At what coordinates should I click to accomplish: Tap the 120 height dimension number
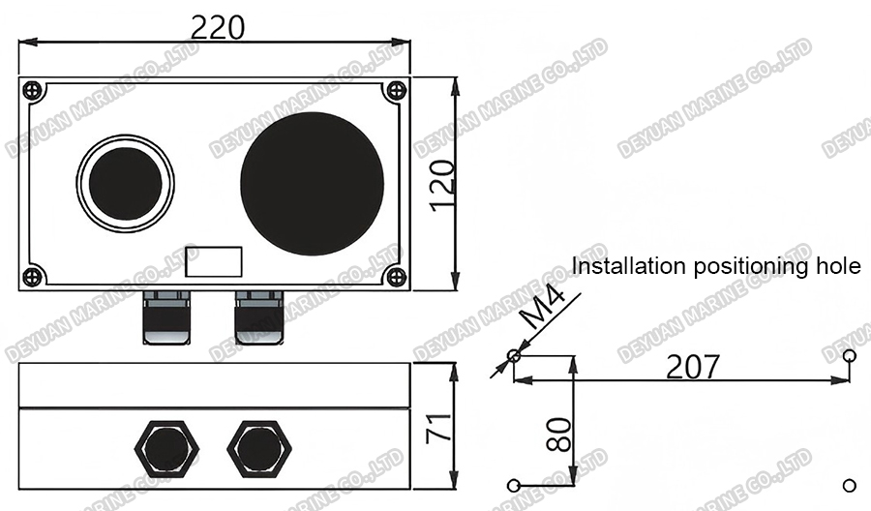[x=442, y=185]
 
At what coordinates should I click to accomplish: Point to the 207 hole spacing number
[x=693, y=367]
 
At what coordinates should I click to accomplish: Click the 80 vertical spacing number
[x=558, y=434]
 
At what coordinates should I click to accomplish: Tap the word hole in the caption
[x=838, y=266]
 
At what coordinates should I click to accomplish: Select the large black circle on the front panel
[x=312, y=184]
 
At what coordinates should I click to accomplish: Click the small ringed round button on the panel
[x=126, y=183]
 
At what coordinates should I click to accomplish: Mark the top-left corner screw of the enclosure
[x=33, y=91]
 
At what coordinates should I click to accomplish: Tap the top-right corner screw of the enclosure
[x=394, y=91]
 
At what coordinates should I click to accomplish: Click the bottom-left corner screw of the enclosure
[x=33, y=276]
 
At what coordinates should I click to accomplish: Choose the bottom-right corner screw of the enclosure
[x=394, y=276]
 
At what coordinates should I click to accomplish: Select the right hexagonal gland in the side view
[x=259, y=447]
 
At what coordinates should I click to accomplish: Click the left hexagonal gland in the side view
[x=167, y=447]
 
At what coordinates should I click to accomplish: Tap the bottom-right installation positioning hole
[x=850, y=484]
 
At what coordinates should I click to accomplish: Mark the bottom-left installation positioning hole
[x=514, y=484]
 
